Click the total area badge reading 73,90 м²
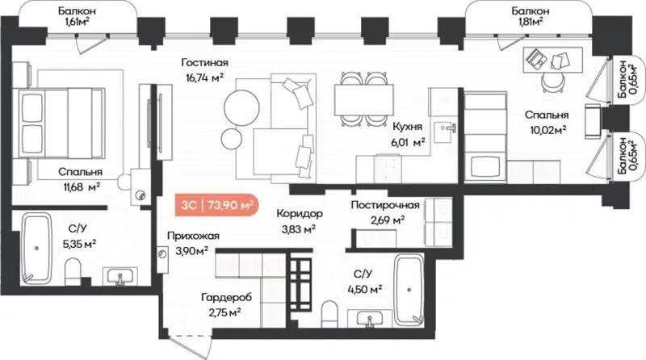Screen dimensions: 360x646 216,205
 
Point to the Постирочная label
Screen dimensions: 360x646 384,205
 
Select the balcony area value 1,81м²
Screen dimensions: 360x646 531,23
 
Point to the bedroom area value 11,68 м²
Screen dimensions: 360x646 79,186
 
